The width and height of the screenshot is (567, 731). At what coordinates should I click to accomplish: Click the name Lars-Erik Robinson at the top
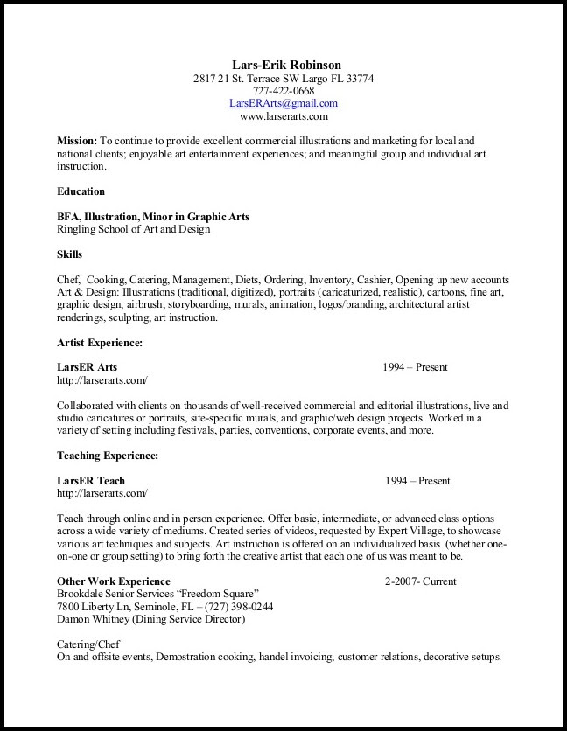pyautogui.click(x=286, y=65)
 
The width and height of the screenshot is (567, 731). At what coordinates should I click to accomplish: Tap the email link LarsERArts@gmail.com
pyautogui.click(x=283, y=103)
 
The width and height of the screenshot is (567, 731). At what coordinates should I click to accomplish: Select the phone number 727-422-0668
pyautogui.click(x=283, y=91)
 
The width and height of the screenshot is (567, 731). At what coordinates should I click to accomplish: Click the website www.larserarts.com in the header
pyautogui.click(x=283, y=115)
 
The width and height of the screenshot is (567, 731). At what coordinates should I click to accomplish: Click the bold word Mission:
pyautogui.click(x=77, y=140)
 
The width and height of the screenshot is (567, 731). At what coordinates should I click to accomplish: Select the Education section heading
pyautogui.click(x=81, y=191)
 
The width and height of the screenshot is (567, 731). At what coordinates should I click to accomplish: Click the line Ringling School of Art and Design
pyautogui.click(x=133, y=229)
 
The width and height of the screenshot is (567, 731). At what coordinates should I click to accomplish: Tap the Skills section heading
pyautogui.click(x=70, y=254)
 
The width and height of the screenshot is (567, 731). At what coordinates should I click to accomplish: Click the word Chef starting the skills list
pyautogui.click(x=69, y=280)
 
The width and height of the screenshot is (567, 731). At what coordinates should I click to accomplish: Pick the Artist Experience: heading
pyautogui.click(x=100, y=343)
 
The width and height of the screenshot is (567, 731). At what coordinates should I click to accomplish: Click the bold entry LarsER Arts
pyautogui.click(x=87, y=367)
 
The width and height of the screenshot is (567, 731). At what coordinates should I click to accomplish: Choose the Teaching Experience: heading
pyautogui.click(x=108, y=456)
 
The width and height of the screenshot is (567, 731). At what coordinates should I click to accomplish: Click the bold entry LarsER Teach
pyautogui.click(x=91, y=481)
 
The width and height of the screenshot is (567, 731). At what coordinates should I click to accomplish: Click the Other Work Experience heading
pyautogui.click(x=114, y=581)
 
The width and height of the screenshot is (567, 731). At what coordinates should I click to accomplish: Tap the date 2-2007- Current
pyautogui.click(x=420, y=581)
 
